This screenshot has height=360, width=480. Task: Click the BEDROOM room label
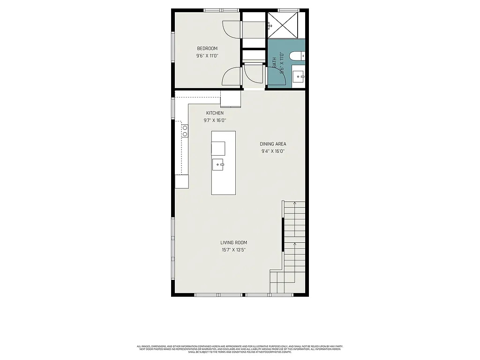207,48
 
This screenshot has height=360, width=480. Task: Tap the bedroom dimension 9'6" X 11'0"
207,56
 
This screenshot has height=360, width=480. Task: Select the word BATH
275,63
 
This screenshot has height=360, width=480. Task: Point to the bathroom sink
298,76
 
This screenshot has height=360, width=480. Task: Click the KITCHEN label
215,113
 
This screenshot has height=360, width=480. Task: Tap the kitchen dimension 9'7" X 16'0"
215,120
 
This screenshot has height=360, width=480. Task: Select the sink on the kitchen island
218,165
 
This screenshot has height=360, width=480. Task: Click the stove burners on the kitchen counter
185,131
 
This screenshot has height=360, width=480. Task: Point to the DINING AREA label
273,144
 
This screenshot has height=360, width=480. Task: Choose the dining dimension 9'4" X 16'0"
273,151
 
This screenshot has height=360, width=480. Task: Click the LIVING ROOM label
233,242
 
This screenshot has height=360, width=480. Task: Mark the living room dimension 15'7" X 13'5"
233,250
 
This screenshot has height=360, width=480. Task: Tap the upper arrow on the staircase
294,204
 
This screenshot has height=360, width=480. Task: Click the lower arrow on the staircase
294,245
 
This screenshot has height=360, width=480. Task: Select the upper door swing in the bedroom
231,30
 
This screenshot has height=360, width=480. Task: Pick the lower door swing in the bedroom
231,76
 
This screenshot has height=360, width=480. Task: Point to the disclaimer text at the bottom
240,349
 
